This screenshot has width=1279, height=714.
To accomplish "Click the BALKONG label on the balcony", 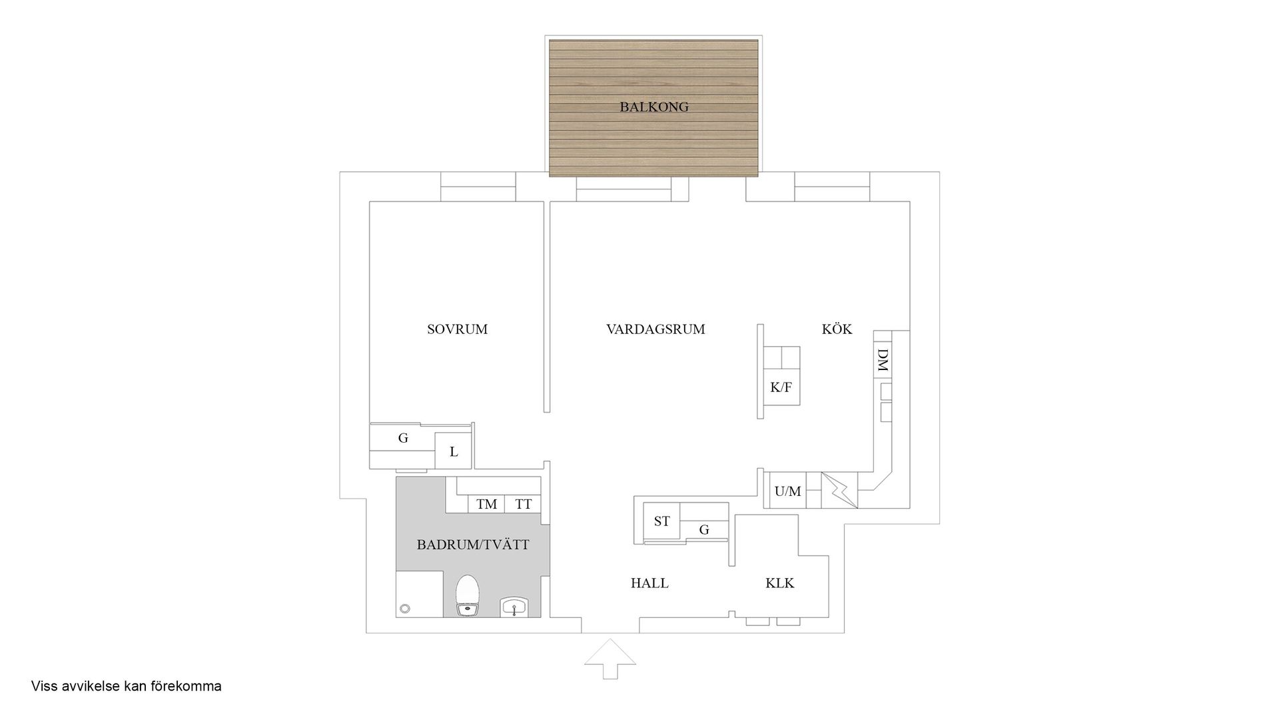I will click(653, 107).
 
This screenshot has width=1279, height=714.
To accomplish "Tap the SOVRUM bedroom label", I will click(457, 329).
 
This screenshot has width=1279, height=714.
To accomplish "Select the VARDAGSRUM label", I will click(655, 329).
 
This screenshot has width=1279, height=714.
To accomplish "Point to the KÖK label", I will click(837, 329).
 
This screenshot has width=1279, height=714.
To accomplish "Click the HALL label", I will click(649, 583).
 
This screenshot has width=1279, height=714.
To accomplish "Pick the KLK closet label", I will click(779, 583).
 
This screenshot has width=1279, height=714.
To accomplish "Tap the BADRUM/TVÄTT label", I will click(473, 545).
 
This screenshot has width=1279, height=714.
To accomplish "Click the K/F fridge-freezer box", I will click(781, 387).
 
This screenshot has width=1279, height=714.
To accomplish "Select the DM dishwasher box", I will click(882, 361).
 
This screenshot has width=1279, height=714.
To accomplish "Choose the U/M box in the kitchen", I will click(787, 491).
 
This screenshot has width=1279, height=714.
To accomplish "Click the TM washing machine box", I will click(486, 504).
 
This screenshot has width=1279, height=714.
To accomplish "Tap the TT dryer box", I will click(523, 504).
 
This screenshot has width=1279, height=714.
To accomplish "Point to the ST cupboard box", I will click(661, 521).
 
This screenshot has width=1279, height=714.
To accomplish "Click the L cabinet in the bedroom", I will click(454, 451).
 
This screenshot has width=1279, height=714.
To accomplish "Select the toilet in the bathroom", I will click(468, 595).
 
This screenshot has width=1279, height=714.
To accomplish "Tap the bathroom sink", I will click(514, 607).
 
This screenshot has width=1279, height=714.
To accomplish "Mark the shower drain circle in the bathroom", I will click(404, 609).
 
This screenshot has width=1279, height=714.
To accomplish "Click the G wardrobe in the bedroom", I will click(402, 438).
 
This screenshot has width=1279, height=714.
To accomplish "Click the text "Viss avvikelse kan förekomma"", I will click(126, 686).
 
